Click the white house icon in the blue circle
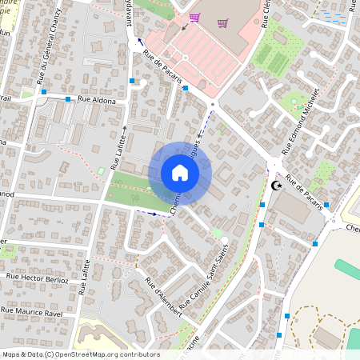(180, 173)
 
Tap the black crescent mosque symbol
(277, 186)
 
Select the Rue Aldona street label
(97, 99)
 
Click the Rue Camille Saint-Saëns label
(204, 279)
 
